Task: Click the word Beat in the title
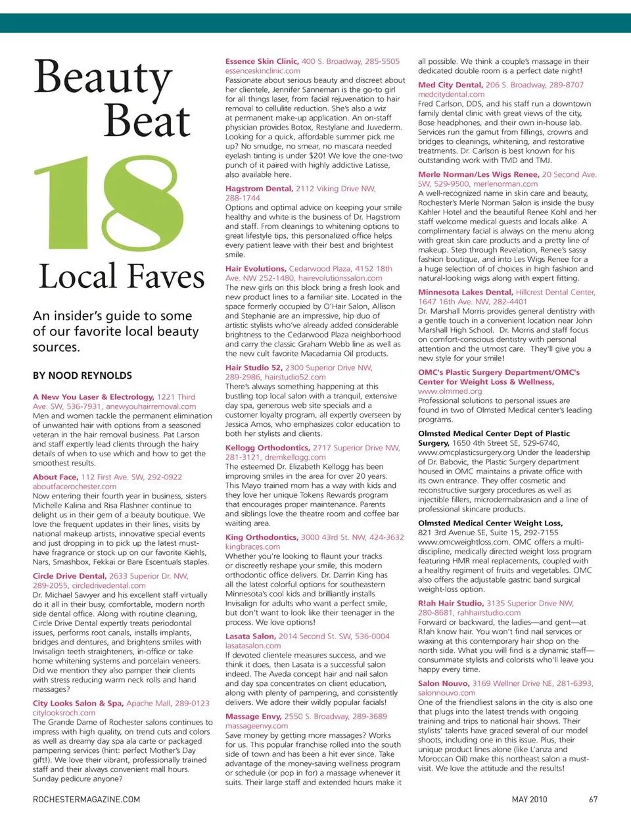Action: pos(147,121)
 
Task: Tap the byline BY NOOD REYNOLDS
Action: pos(82,375)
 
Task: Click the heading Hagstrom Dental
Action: pos(259,188)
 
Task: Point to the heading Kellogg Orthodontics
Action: pos(267,448)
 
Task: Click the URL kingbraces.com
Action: pos(252,546)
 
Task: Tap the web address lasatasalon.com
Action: pos(253,646)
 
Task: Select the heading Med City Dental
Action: pos(450,85)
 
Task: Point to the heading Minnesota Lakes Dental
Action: pos(465,292)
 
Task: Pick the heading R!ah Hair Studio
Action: pos(451,603)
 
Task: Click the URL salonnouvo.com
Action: pos(446,692)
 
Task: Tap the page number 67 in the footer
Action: pos(593,800)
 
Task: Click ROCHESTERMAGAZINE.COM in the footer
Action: pos(86,800)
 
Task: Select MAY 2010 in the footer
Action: pos(529,800)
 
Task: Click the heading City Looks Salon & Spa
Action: pos(78,703)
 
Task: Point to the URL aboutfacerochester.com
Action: pos(74,487)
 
